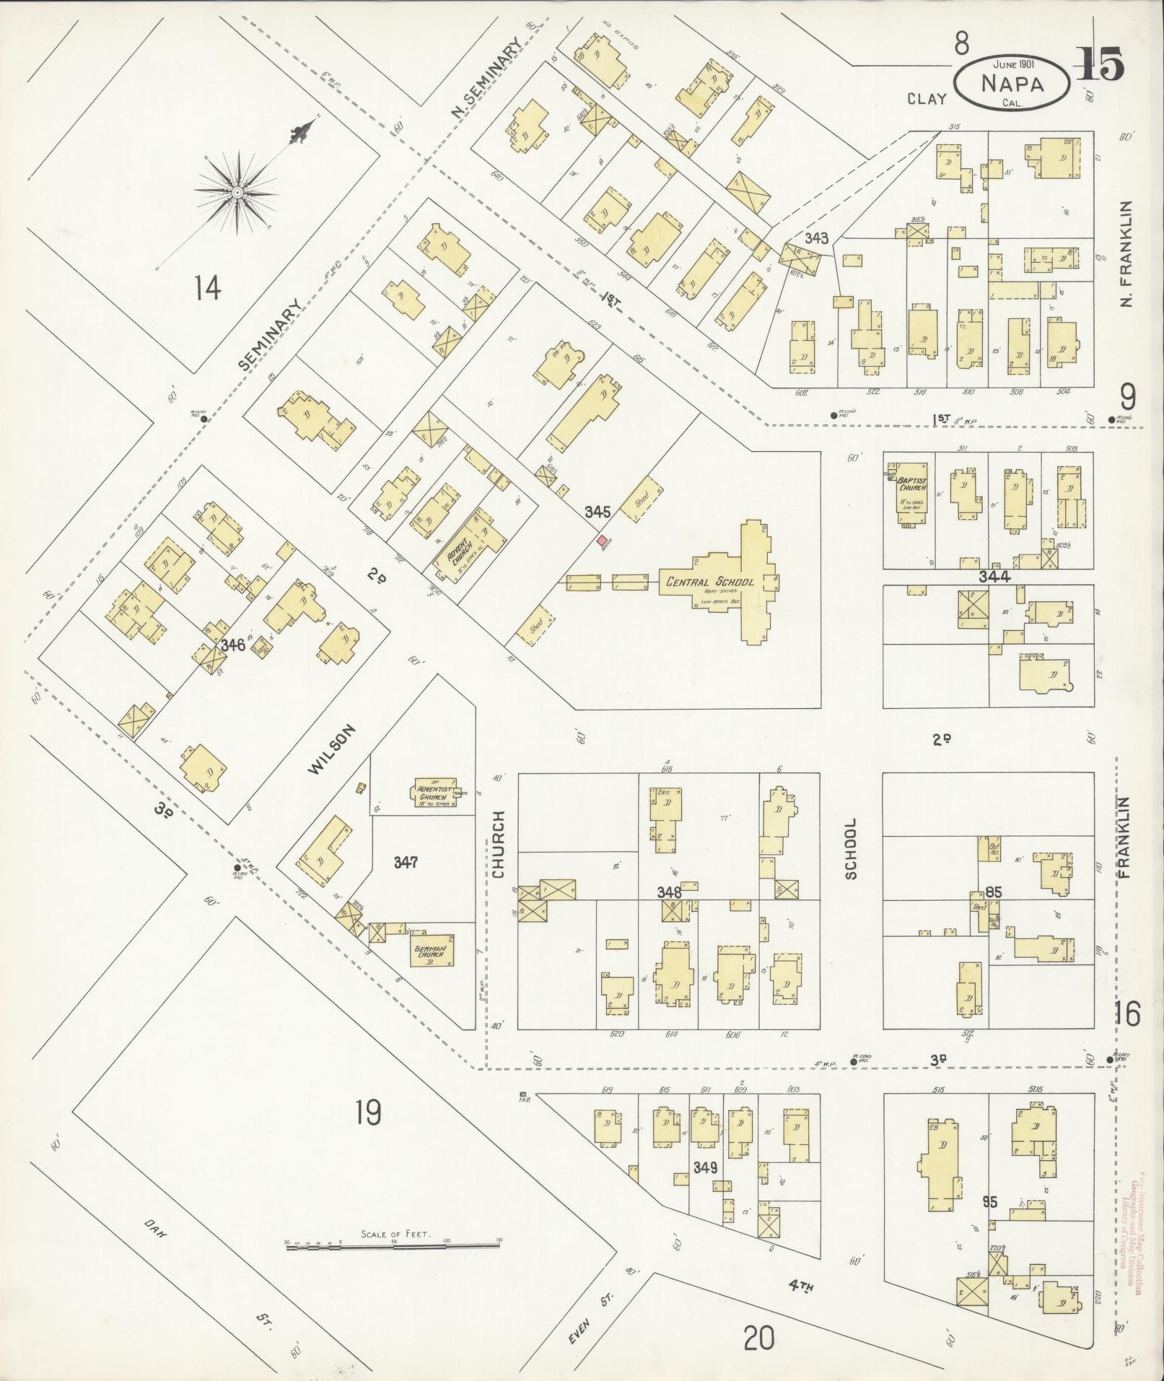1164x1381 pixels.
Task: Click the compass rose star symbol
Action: (x=236, y=193)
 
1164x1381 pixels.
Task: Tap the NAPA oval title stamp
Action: (x=1012, y=84)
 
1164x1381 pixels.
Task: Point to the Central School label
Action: (x=710, y=582)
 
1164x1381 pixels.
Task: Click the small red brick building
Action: (x=601, y=541)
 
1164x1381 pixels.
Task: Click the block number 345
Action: (x=598, y=512)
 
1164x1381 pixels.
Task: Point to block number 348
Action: (x=669, y=892)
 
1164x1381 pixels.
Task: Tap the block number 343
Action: (x=817, y=238)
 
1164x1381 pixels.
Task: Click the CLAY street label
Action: (x=927, y=99)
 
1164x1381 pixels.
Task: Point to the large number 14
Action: (x=206, y=289)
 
